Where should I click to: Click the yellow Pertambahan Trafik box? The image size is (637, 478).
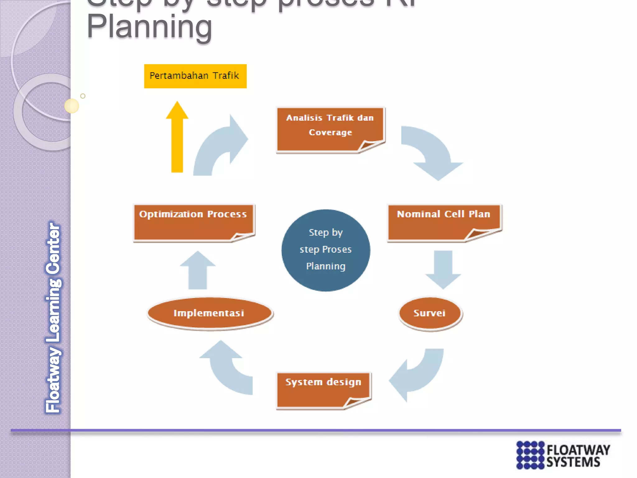pos(195,76)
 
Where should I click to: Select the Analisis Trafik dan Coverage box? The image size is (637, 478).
pos(330,129)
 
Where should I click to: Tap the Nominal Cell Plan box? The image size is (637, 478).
pos(444,222)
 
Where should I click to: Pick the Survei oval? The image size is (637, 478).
pos(430,313)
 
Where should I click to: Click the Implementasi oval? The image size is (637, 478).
pos(209,313)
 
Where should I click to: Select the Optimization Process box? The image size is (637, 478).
pos(193,222)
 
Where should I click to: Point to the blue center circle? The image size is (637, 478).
pos(326,250)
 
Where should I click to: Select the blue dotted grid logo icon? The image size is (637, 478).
pos(530,455)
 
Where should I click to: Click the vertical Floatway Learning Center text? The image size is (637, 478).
pos(53,317)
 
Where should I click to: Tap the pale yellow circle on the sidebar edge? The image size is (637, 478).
pos(72,106)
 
